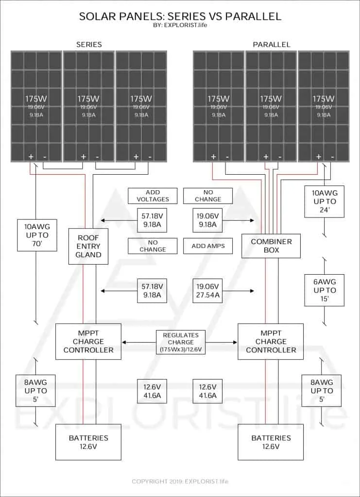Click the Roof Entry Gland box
click(88, 246)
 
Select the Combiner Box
click(271, 246)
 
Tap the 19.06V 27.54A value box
click(208, 291)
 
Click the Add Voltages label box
click(153, 196)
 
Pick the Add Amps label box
click(208, 246)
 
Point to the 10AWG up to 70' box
click(37, 235)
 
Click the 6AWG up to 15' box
click(325, 290)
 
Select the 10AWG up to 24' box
click(325, 201)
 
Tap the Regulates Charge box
click(181, 343)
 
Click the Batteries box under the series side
click(88, 442)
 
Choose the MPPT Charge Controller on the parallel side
click(271, 342)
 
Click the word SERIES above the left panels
click(89, 44)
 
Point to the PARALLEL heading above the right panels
click(272, 44)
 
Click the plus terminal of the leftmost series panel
click(31, 157)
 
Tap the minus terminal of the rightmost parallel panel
click(332, 157)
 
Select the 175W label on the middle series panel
click(88, 99)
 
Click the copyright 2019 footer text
click(180, 481)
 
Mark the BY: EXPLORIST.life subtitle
click(180, 25)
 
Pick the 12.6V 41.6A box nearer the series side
click(152, 391)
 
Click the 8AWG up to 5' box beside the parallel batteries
click(322, 391)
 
